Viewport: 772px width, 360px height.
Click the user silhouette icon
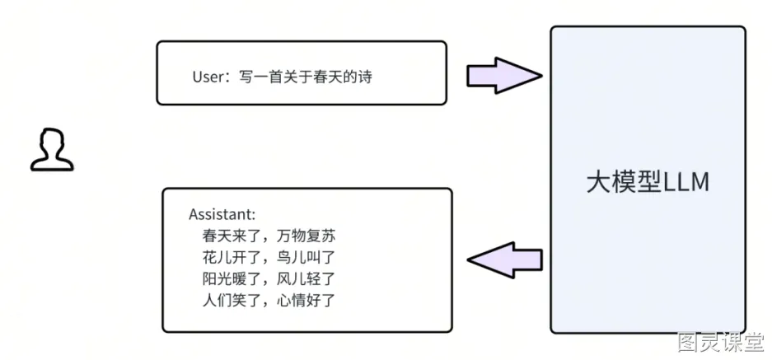(x=52, y=150)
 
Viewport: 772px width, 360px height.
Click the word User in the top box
(x=208, y=77)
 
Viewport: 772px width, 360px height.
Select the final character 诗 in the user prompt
(x=365, y=77)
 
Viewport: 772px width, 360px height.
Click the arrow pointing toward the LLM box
(x=504, y=75)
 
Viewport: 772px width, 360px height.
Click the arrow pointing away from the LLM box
(x=504, y=259)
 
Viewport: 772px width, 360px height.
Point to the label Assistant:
(x=222, y=215)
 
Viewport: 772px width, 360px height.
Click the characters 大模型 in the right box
(x=625, y=183)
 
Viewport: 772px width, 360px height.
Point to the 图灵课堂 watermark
(x=721, y=342)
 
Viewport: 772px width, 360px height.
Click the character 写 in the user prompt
(x=246, y=77)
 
